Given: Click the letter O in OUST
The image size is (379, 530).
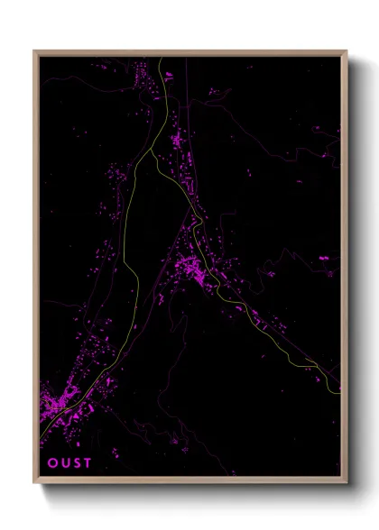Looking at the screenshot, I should pos(51,463).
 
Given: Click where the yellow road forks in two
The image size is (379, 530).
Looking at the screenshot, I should pos(162,136).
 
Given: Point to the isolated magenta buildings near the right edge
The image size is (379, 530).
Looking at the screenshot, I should pos(323,259).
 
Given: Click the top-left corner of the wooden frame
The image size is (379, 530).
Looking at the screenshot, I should pos(35,51).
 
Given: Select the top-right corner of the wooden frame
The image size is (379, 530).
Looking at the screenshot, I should pos(347,51).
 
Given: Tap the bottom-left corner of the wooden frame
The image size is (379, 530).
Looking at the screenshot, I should pos(35,483).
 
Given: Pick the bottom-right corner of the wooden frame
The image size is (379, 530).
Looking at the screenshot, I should pos(347,483).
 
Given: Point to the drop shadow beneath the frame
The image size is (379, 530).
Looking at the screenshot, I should pos(199,492).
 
